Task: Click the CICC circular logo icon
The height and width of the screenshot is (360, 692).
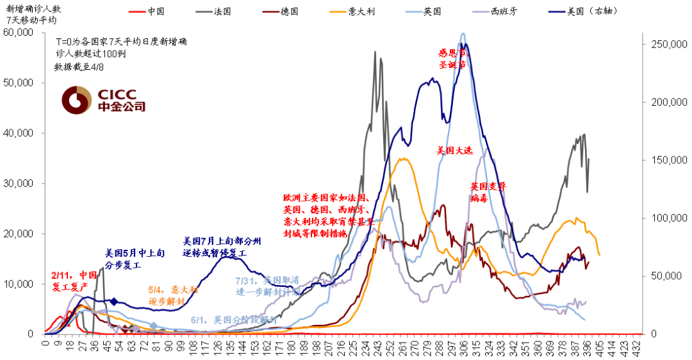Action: point(76,100)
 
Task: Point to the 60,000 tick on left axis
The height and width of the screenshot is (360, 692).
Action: point(19,33)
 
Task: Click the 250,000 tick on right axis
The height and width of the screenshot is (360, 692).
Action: point(668,45)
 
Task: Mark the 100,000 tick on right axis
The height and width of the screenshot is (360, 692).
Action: point(668,218)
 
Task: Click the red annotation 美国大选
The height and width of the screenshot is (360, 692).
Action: point(454,151)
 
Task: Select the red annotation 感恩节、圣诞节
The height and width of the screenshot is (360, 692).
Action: point(454,59)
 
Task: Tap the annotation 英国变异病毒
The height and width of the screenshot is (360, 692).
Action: point(488,192)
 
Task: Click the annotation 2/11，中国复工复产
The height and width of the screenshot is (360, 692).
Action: point(74,281)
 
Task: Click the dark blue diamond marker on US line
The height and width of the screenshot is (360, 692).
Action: point(114,301)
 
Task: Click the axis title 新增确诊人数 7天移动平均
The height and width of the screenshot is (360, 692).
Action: point(31,15)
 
